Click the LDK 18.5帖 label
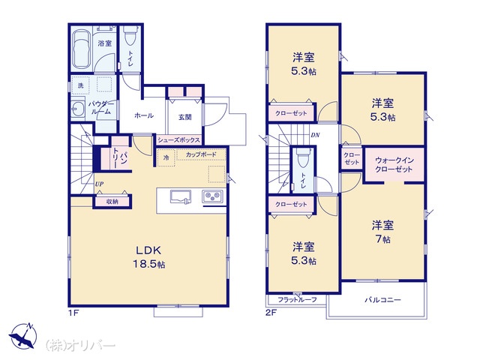pos(149,256)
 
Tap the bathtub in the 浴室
pos(82,49)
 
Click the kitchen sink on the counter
pos(181,196)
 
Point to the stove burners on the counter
pos(212,196)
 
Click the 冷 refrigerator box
pos(166,157)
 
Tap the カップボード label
pos(201,154)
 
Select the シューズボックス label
pos(178,140)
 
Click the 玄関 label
pos(185,117)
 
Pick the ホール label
pos(144,115)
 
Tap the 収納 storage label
pos(112,202)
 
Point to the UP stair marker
pos(99,184)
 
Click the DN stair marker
pos(315,135)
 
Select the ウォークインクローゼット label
pos(394,165)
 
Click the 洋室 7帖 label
pos(382,232)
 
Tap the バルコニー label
pos(382,300)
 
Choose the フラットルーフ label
pos(297,300)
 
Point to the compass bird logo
pos(23,336)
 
